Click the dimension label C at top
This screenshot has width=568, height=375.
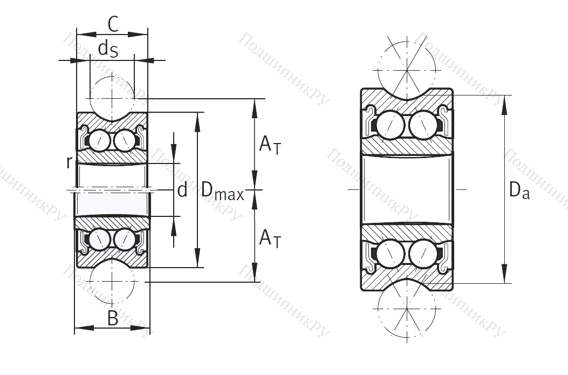click(x=113, y=24)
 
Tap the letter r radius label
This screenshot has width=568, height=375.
click(x=69, y=161)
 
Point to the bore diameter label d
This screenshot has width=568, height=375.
click(x=182, y=190)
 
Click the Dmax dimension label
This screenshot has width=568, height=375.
click(x=222, y=190)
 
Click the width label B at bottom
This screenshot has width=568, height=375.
click(x=112, y=318)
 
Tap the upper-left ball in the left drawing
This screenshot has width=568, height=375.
click(x=99, y=141)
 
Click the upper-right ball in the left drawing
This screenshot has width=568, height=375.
click(x=125, y=141)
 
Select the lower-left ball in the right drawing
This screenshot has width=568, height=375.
click(x=389, y=254)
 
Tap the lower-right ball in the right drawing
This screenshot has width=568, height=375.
click(x=423, y=254)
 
